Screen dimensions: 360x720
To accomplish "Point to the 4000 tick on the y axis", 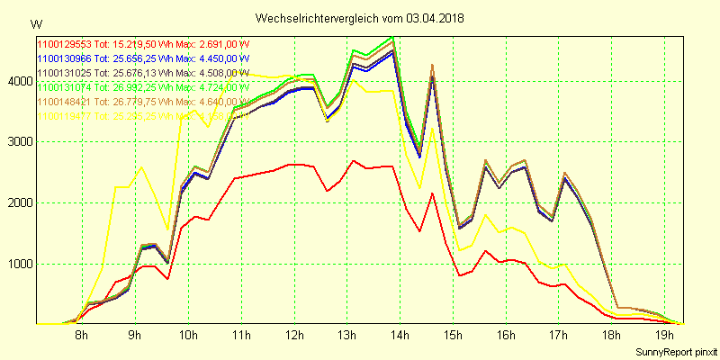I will coord(20,82).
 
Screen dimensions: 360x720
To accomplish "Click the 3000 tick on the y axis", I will coord(20,142).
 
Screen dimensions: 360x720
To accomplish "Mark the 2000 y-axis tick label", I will coord(20,203).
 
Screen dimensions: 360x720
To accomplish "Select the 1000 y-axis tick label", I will coord(20,264).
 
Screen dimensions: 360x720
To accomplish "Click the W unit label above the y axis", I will coord(35,23).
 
